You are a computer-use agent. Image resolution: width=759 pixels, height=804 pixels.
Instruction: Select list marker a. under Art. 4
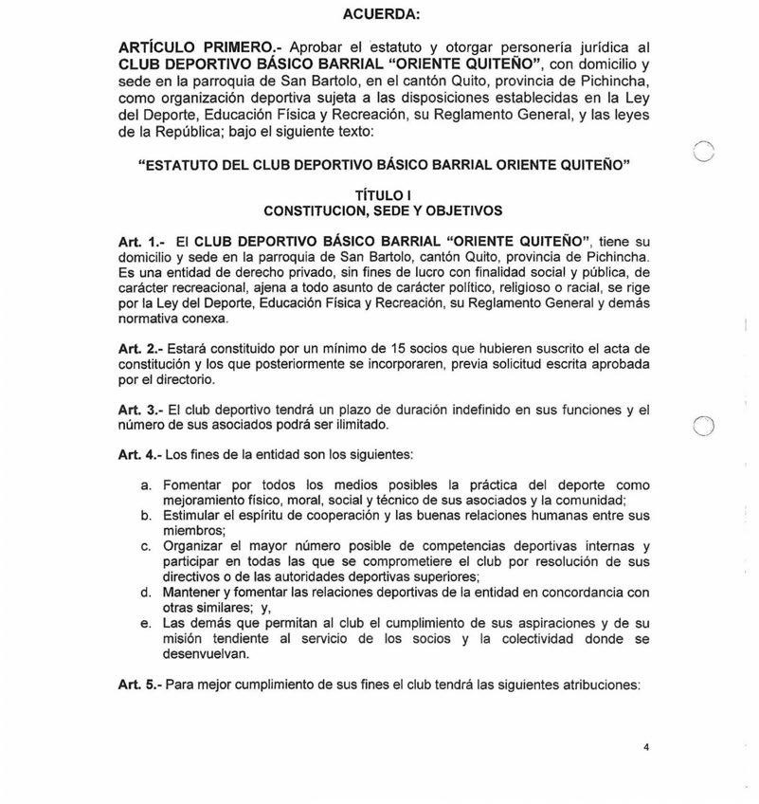click(146, 484)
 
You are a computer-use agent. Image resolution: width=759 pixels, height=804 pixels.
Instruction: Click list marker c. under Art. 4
click(146, 547)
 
